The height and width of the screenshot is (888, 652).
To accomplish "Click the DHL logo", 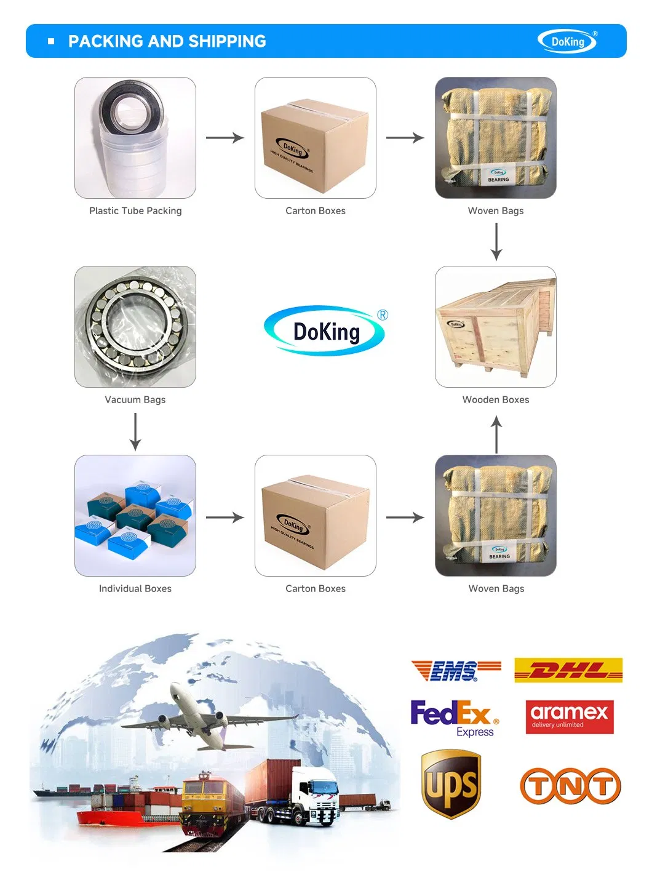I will [568, 670].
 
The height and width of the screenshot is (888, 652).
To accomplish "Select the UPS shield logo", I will [451, 784].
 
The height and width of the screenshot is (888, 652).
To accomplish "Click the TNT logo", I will [570, 786].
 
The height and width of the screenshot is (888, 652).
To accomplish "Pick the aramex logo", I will [570, 717].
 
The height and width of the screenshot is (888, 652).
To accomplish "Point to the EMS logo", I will [456, 670].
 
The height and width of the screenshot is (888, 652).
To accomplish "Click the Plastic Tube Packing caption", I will [135, 210].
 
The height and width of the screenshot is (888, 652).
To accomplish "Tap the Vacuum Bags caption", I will [135, 399].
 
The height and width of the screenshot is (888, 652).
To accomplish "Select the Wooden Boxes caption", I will [496, 399].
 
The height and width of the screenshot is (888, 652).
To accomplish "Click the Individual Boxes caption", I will [135, 588].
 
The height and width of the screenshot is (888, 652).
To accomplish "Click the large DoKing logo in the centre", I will [326, 331].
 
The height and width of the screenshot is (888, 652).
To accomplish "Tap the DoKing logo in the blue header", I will [567, 42].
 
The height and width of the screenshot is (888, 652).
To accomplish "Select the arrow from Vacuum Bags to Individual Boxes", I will [135, 431].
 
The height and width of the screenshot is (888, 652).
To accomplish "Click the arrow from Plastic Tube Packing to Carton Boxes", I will [225, 138].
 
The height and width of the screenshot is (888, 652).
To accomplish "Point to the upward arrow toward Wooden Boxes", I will [496, 434].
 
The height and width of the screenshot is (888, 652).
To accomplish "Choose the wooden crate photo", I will [496, 327].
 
